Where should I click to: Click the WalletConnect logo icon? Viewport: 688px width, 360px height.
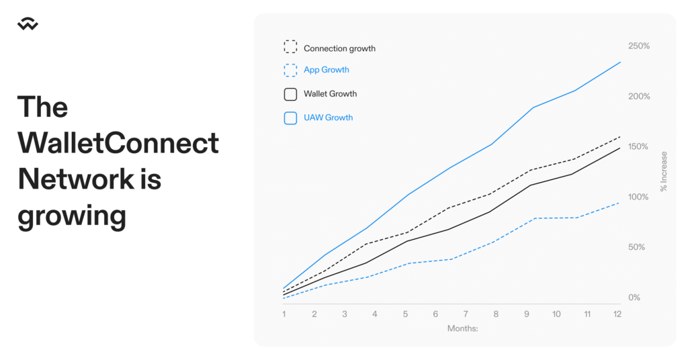click(x=28, y=24)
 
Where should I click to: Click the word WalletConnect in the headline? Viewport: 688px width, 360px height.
click(x=118, y=143)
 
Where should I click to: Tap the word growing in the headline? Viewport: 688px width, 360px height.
click(x=72, y=217)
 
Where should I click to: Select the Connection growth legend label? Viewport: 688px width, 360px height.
click(x=339, y=48)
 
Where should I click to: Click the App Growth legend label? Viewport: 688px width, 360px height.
click(x=327, y=70)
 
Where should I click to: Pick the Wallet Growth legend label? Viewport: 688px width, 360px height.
click(x=331, y=94)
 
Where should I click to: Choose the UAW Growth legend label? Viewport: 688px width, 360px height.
click(x=328, y=118)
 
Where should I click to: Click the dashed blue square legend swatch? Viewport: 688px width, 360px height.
click(x=290, y=70)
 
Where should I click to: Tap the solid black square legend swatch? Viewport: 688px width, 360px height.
click(x=290, y=94)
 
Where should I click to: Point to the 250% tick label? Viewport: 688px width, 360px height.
click(x=639, y=46)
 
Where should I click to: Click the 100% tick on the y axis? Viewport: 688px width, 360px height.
click(x=638, y=197)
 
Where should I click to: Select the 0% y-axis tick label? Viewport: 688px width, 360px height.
click(x=634, y=298)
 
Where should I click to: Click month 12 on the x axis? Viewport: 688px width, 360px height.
click(x=617, y=314)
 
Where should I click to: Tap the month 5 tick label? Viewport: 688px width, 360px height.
click(x=405, y=314)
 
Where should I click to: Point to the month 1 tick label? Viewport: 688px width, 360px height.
click(x=284, y=314)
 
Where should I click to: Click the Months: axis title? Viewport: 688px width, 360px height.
click(x=462, y=328)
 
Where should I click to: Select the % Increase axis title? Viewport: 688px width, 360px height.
click(x=663, y=171)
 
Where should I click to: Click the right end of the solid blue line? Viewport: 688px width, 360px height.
click(x=620, y=62)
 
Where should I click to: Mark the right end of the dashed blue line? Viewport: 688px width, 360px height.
click(x=619, y=203)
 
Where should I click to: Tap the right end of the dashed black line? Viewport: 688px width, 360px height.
click(x=620, y=137)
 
